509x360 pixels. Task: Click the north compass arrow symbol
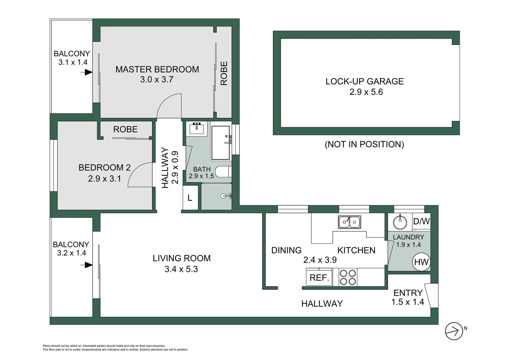454,331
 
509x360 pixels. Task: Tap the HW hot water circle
421,262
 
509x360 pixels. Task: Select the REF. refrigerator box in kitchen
319,277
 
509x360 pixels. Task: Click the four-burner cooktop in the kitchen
348,277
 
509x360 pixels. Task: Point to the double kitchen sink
349,222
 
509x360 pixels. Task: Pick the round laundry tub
400,222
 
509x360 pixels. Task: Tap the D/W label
421,221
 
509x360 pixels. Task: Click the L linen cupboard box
190,198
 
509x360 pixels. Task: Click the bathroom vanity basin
197,128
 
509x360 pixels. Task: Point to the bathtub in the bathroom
221,143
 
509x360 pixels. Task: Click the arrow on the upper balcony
88,72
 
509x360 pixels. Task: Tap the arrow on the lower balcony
88,265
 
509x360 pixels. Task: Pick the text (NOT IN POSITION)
364,144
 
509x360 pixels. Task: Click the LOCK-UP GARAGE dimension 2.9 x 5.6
366,92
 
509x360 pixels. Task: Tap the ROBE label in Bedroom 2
125,129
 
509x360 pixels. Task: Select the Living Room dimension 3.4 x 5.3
181,269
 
